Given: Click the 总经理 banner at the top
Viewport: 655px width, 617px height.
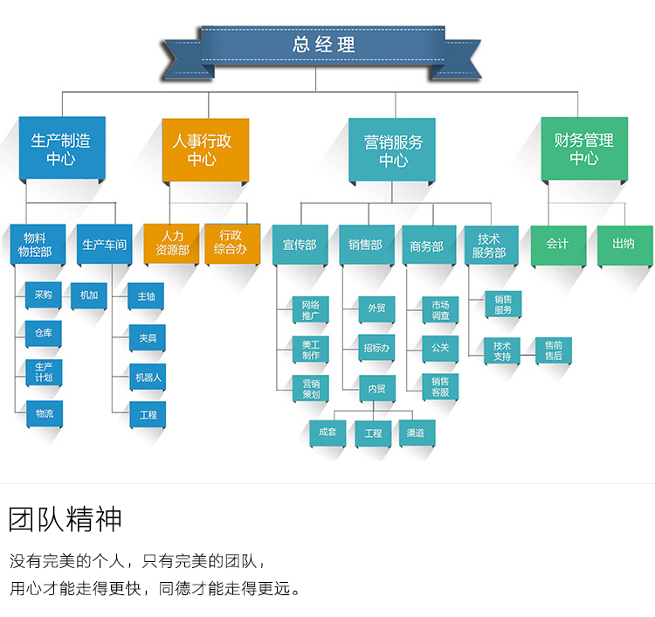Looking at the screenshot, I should tap(324, 45).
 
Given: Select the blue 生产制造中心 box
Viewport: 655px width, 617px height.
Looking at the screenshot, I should tap(61, 149).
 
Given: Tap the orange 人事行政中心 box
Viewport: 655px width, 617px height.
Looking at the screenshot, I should tap(204, 149).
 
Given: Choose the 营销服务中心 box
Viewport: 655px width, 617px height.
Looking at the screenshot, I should tap(393, 150).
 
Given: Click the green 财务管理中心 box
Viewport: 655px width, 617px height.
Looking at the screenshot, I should tap(583, 149).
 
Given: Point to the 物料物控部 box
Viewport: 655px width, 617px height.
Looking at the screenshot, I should tap(36, 245).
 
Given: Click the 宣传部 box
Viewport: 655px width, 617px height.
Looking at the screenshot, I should tap(300, 246).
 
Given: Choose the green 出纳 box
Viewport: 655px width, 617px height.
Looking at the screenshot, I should tap(624, 244).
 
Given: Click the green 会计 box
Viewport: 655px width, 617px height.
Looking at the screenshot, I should tap(557, 244).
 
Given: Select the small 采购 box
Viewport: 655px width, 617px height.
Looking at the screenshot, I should tap(44, 295).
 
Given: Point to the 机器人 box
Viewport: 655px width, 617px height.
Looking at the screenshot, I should tap(148, 378).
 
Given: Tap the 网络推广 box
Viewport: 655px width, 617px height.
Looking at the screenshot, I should tap(310, 309).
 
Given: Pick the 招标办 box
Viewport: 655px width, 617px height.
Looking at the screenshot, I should tap(376, 348).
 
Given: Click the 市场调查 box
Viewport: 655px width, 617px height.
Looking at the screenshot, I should tap(440, 309).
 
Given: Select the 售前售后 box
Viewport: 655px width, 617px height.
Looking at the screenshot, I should tap(554, 350).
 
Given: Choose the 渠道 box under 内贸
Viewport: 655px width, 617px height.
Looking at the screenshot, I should tap(416, 433).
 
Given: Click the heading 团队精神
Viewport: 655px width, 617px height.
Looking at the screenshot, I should tap(65, 520).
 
